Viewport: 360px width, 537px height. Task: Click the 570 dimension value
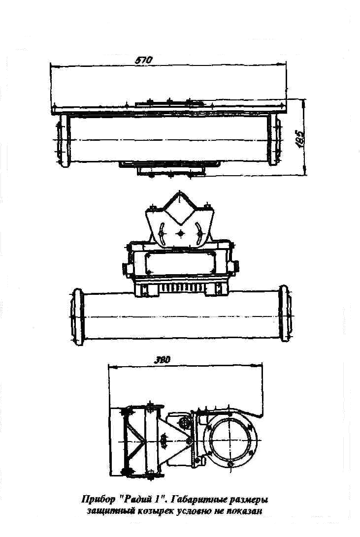[142, 60]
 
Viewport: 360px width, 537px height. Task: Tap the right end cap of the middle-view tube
[284, 313]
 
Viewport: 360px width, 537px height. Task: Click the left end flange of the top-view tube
[61, 140]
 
